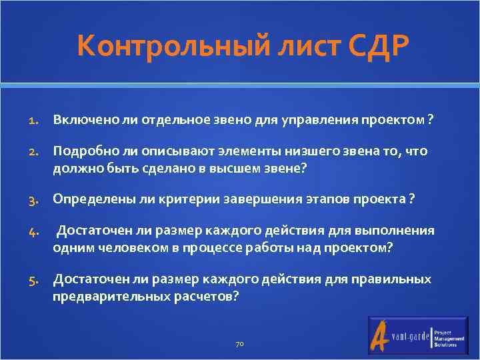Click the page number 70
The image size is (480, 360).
[240, 344]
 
